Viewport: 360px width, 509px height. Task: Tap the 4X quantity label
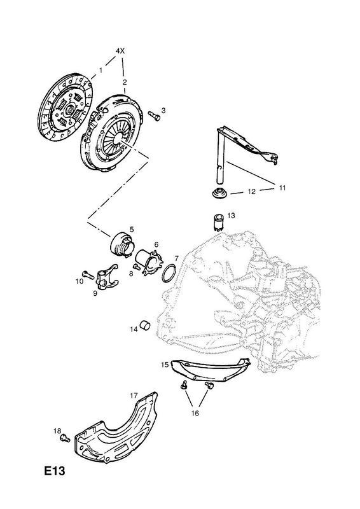pos(120,51)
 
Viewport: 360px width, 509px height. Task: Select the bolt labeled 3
pos(154,116)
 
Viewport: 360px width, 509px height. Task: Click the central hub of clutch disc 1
pos(69,110)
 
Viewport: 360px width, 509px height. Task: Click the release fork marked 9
pos(107,276)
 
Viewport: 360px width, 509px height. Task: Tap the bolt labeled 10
pos(87,275)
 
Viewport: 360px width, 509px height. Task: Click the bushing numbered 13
pos(219,222)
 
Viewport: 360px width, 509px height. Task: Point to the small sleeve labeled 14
pos(145,326)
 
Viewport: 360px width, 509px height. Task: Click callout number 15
pos(165,365)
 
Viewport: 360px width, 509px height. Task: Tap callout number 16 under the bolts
pos(195,413)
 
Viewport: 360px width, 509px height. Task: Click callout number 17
pos(134,396)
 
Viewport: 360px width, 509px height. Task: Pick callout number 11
pos(282,188)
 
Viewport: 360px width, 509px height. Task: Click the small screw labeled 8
pos(137,267)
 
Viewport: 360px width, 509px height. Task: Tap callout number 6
pos(156,244)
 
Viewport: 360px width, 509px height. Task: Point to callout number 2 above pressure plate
pos(125,82)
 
